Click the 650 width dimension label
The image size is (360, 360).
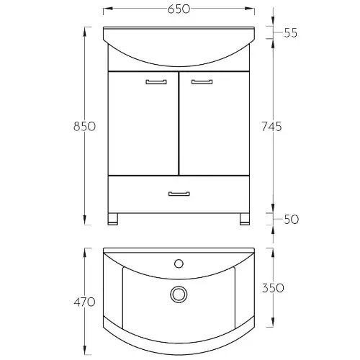[x=179, y=9]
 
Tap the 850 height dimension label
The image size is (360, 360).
[x=84, y=126]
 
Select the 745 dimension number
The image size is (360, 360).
[x=271, y=126]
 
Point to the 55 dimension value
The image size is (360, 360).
[x=291, y=33]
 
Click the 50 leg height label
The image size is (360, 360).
[x=291, y=220]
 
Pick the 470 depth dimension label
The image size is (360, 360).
[x=84, y=302]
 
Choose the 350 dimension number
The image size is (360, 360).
[x=273, y=288]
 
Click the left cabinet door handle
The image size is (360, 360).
[x=156, y=82]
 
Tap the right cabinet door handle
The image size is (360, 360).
[x=202, y=82]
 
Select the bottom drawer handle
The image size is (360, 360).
[x=179, y=194]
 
